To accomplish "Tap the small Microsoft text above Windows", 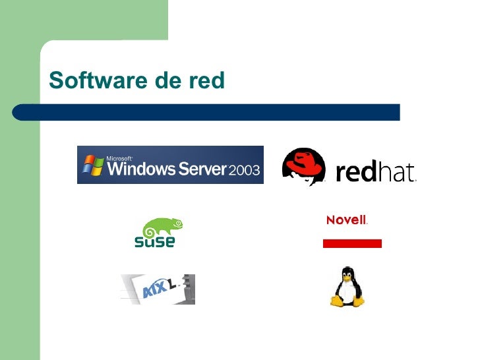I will click(119, 158).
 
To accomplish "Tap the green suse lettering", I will click(155, 242).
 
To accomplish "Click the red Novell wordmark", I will click(346, 220).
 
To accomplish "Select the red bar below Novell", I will click(352, 243).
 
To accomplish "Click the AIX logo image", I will click(158, 289).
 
